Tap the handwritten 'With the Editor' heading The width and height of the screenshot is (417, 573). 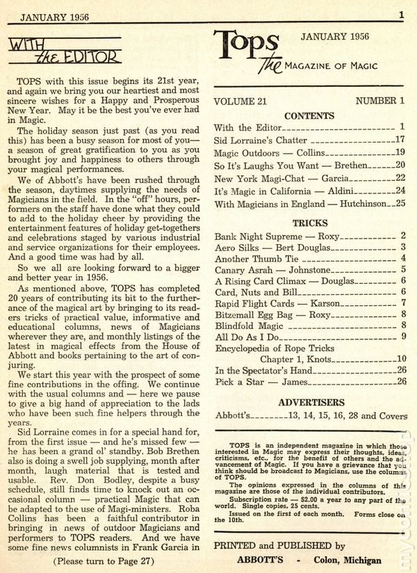[x=64, y=50]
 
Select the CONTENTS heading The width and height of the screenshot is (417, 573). [x=309, y=116]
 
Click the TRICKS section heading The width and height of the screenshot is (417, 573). [x=309, y=224]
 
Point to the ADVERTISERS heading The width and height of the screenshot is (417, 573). [x=309, y=402]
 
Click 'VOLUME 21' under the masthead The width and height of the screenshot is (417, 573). [x=240, y=101]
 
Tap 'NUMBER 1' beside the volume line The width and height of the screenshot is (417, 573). [x=379, y=101]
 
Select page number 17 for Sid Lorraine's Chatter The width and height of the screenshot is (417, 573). [x=399, y=139]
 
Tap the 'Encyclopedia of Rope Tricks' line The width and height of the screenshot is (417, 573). [x=275, y=347]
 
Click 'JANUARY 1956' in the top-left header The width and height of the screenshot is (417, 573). [x=48, y=14]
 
